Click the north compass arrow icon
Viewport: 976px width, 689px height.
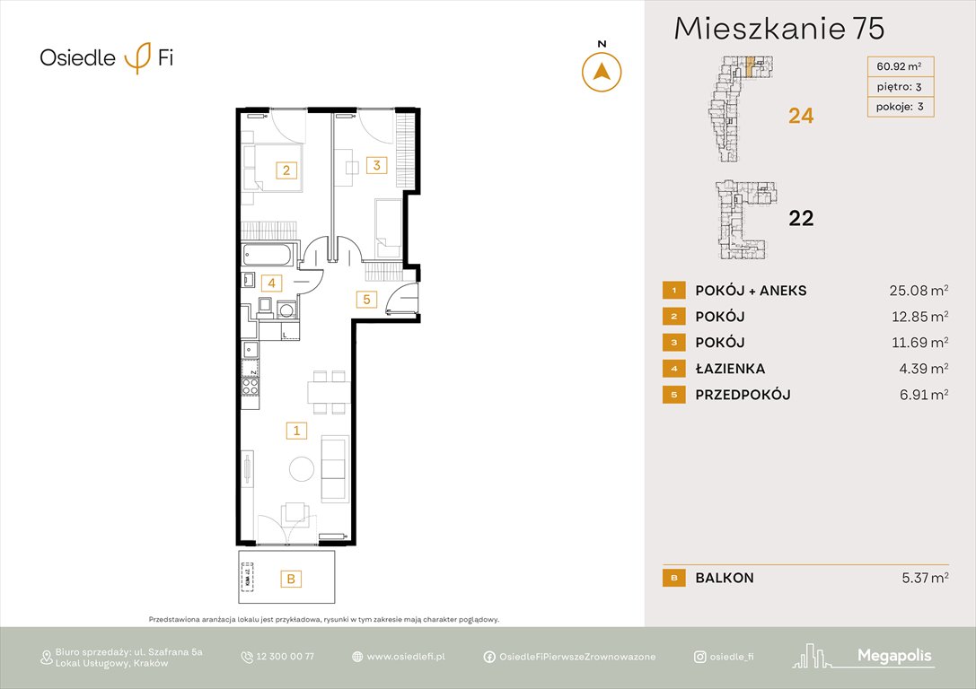[x=602, y=72]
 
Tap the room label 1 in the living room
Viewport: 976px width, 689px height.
[x=295, y=432]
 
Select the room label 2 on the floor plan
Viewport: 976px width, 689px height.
[x=286, y=170]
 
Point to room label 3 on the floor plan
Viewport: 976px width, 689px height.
[x=377, y=165]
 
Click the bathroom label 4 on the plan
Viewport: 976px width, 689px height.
[x=272, y=283]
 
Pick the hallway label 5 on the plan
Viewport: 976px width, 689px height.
[x=365, y=300]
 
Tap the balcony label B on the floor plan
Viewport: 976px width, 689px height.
[x=290, y=580]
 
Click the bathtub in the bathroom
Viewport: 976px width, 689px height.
[x=267, y=256]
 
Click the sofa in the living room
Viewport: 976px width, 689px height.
[x=335, y=468]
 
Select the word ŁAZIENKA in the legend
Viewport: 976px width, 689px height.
[x=730, y=369]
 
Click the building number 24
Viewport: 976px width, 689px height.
[x=801, y=116]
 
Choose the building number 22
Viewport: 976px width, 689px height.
[x=801, y=217]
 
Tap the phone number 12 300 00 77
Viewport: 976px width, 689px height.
[x=285, y=657]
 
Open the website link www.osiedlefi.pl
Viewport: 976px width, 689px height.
[x=406, y=657]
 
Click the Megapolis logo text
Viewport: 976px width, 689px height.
[x=894, y=657]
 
